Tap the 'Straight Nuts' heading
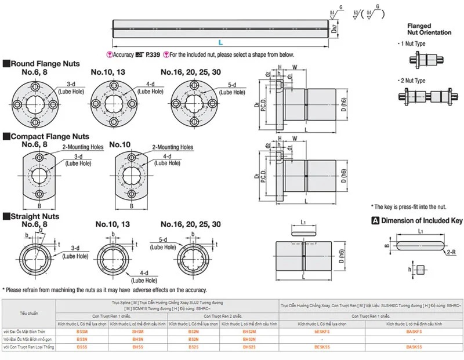coord(34,216)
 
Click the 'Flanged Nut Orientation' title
coord(429,30)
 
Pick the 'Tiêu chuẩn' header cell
coord(28,313)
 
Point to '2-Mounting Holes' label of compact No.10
coord(173,147)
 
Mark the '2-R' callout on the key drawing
coord(450,253)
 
